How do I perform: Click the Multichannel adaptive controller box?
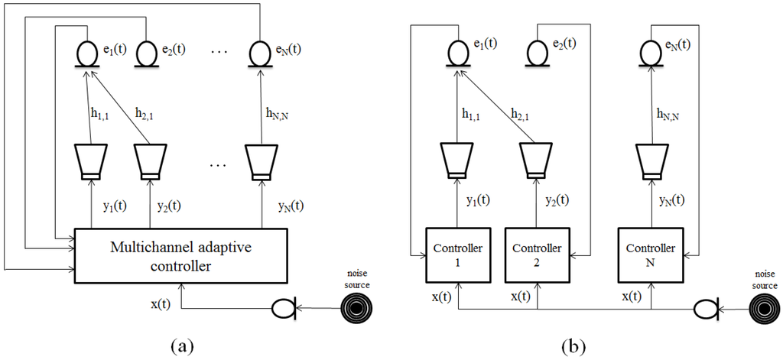(180, 253)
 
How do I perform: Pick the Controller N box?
(650, 255)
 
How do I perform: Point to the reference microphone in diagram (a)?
(284, 310)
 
